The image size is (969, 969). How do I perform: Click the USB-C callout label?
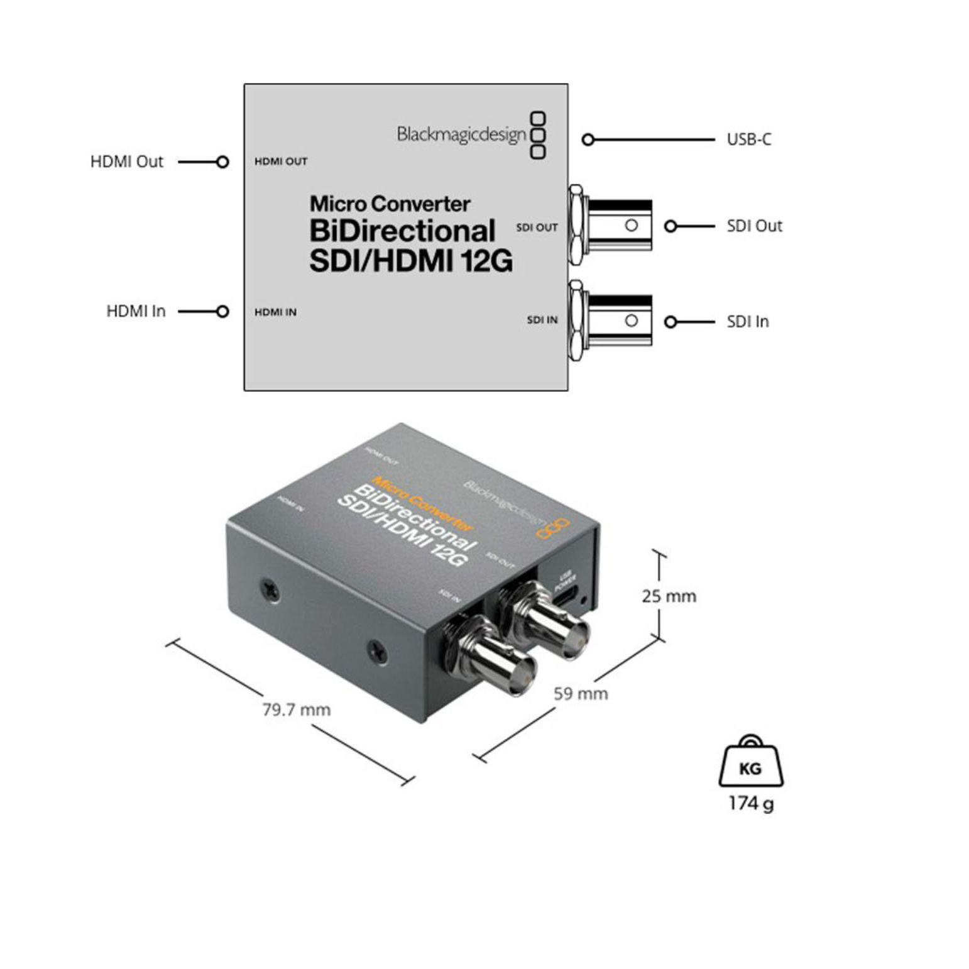748,139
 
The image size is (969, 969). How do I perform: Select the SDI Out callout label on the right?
754,226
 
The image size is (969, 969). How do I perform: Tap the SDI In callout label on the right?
747,322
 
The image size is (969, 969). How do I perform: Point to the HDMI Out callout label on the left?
126,161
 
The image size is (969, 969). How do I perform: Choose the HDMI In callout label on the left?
136,311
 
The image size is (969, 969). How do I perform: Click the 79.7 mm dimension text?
296,709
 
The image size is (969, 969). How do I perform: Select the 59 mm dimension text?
580,694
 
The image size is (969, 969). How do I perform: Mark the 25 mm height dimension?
669,596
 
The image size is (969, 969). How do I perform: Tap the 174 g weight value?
751,803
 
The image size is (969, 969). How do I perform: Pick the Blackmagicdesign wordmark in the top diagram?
461,134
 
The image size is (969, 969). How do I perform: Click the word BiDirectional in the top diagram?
402,231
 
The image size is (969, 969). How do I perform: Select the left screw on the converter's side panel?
270,589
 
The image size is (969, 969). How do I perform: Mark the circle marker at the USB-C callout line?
588,140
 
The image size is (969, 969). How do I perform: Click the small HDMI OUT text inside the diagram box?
280,161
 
